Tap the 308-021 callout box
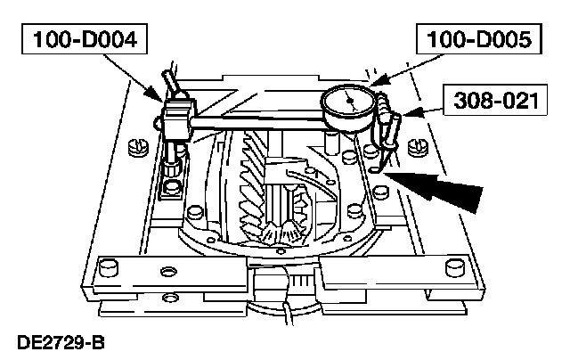point(495,101)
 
